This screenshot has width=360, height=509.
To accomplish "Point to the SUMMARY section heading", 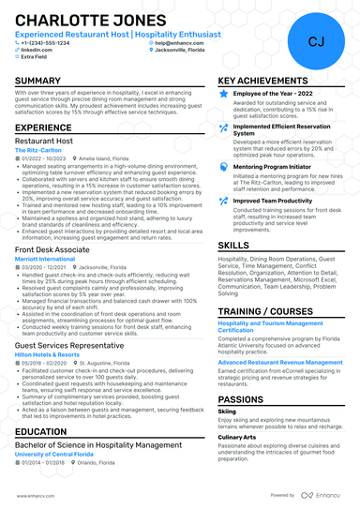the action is coord(38,82).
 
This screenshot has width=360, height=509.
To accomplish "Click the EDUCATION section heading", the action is coord(42,431).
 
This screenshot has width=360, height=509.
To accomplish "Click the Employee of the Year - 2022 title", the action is coord(273,95).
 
